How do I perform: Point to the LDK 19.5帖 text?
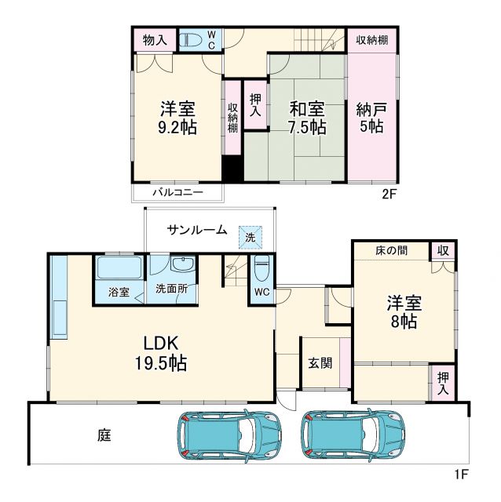tap(164, 353)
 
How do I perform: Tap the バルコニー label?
tap(177, 191)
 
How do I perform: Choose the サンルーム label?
tap(196, 230)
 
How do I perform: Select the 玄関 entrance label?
tap(319, 363)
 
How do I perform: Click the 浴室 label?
tap(119, 289)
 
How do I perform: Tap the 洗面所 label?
tap(171, 289)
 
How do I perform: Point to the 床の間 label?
tap(389, 249)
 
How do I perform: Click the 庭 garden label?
tap(104, 434)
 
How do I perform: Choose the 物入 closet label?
tap(153, 39)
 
